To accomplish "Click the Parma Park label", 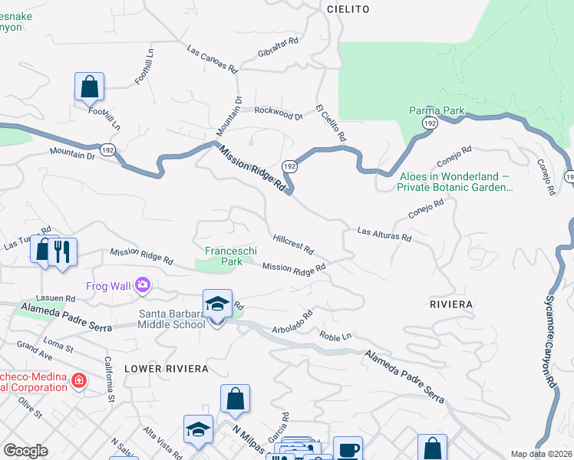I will pyautogui.click(x=437, y=111).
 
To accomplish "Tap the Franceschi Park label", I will pyautogui.click(x=224, y=256).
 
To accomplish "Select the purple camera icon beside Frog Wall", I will pyautogui.click(x=142, y=286).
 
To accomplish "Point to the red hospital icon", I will pyautogui.click(x=78, y=379).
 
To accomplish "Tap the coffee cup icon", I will pyautogui.click(x=348, y=449).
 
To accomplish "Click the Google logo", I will pyautogui.click(x=25, y=451).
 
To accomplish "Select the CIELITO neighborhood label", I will pyautogui.click(x=348, y=9).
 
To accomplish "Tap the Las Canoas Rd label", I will pyautogui.click(x=212, y=58).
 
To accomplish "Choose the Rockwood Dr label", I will pyautogui.click(x=279, y=113).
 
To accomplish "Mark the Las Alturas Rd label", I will pyautogui.click(x=384, y=234).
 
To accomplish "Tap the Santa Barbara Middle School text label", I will pyautogui.click(x=172, y=318).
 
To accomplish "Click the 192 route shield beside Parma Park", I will pyautogui.click(x=430, y=123).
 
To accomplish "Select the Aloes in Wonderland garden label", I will pyautogui.click(x=455, y=182).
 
